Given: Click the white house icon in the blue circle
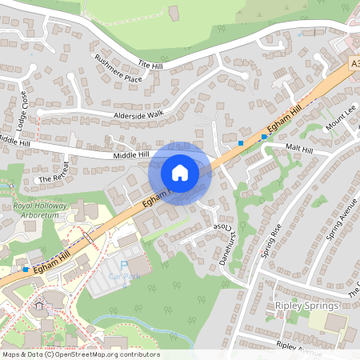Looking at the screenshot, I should tap(179, 172).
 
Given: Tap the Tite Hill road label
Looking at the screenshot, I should tap(150, 63).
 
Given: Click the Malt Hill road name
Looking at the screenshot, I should tap(298, 150).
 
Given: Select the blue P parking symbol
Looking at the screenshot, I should tap(123, 264).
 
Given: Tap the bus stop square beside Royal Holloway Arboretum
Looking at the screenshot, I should tap(26, 269).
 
